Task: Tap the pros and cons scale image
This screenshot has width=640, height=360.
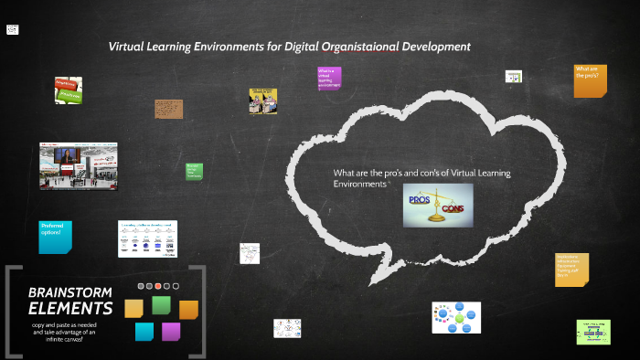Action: point(438,205)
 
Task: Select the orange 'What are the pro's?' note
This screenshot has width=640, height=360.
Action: point(590,80)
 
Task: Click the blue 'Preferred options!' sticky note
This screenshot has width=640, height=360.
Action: point(55,237)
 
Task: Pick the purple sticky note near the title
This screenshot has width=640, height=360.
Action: point(329,78)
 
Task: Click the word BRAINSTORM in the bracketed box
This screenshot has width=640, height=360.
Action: point(70,291)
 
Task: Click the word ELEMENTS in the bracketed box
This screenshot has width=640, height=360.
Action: point(70,308)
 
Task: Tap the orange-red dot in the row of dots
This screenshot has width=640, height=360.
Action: point(157,287)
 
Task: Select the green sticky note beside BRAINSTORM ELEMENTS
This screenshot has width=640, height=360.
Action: point(161,305)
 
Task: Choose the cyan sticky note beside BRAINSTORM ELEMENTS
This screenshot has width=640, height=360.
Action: point(144,331)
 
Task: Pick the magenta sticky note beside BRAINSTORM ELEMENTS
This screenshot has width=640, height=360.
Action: point(171,331)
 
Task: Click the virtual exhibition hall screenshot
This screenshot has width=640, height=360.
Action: point(78,164)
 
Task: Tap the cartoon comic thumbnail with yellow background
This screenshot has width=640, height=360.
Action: point(262,101)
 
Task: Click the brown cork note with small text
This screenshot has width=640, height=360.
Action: point(169,109)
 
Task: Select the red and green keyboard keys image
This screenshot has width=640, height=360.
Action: point(69,90)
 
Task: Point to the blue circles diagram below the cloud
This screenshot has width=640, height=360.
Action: point(455,317)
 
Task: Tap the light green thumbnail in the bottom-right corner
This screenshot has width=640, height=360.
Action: point(593,332)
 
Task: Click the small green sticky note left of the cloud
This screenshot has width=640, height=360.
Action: point(194,171)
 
